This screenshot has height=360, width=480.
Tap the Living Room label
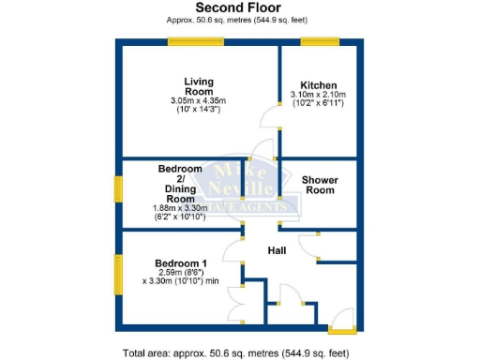coord(198,85)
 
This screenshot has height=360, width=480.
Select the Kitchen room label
coord(319,84)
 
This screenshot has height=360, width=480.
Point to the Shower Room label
coord(320,185)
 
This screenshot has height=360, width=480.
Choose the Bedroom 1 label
coord(180,262)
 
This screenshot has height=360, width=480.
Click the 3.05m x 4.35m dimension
coord(198,100)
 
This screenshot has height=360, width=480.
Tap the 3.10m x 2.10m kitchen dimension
coord(319,95)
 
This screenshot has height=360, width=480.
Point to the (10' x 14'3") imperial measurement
coord(198,110)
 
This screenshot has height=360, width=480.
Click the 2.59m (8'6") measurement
coord(180,272)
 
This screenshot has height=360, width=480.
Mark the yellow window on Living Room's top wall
coord(195,39)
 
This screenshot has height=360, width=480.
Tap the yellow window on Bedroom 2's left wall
coord(117,187)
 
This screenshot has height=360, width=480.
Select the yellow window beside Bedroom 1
coord(117,275)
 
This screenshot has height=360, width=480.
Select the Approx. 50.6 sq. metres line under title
coord(240,20)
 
